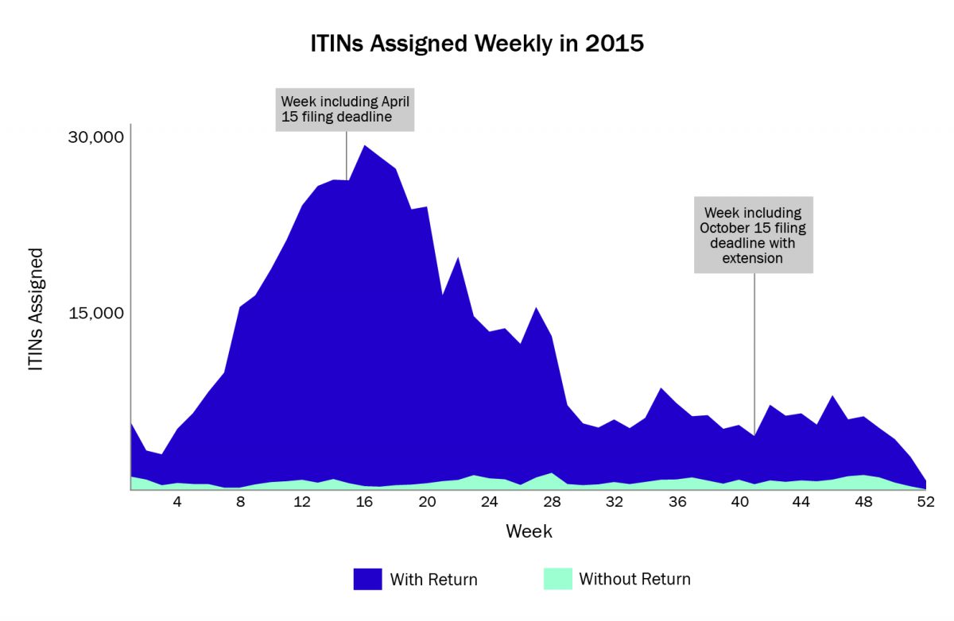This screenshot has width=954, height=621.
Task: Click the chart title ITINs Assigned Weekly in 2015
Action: tap(477, 43)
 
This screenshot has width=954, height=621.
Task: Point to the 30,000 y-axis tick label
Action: tap(95, 137)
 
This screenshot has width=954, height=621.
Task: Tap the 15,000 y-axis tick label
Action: tap(95, 313)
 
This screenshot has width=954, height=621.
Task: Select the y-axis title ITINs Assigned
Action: tap(36, 310)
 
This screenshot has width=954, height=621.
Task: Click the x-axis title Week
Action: tap(529, 531)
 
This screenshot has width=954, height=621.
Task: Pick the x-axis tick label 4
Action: tap(177, 502)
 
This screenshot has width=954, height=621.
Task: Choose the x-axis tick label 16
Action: tap(365, 502)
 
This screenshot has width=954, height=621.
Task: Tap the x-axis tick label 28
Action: tap(553, 502)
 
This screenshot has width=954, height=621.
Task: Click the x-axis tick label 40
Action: tap(739, 502)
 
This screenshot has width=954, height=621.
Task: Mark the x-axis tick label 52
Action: tap(926, 502)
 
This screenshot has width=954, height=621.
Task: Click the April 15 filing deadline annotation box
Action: tap(345, 110)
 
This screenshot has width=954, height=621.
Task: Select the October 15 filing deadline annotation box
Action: tap(753, 235)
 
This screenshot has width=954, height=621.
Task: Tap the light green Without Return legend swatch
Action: tap(557, 579)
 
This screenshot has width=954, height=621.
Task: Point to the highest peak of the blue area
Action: tap(364, 146)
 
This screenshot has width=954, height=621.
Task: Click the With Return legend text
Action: tap(433, 580)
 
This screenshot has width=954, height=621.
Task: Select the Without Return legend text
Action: tap(634, 580)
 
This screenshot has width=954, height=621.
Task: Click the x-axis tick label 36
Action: tap(677, 502)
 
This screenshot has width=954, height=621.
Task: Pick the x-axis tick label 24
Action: tap(490, 502)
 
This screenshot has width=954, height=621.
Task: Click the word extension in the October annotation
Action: tap(753, 258)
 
